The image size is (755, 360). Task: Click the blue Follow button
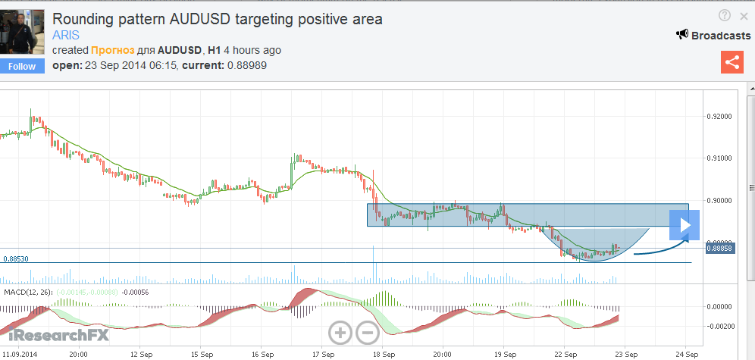[x=22, y=66]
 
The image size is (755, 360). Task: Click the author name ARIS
[x=66, y=35]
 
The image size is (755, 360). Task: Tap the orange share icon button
[x=732, y=62]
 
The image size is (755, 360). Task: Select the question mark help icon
[x=725, y=15]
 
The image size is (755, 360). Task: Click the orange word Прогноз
[x=114, y=50]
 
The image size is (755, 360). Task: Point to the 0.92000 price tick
[x=719, y=117]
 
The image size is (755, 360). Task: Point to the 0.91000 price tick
[x=719, y=158]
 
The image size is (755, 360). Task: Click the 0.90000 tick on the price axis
[x=719, y=201]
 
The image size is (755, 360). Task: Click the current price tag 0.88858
[x=718, y=248]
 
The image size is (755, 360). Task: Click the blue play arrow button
[x=687, y=224]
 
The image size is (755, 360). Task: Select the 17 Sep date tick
[x=323, y=354]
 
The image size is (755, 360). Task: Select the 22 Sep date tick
[x=566, y=354]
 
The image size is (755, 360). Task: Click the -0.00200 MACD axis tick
[x=720, y=326]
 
